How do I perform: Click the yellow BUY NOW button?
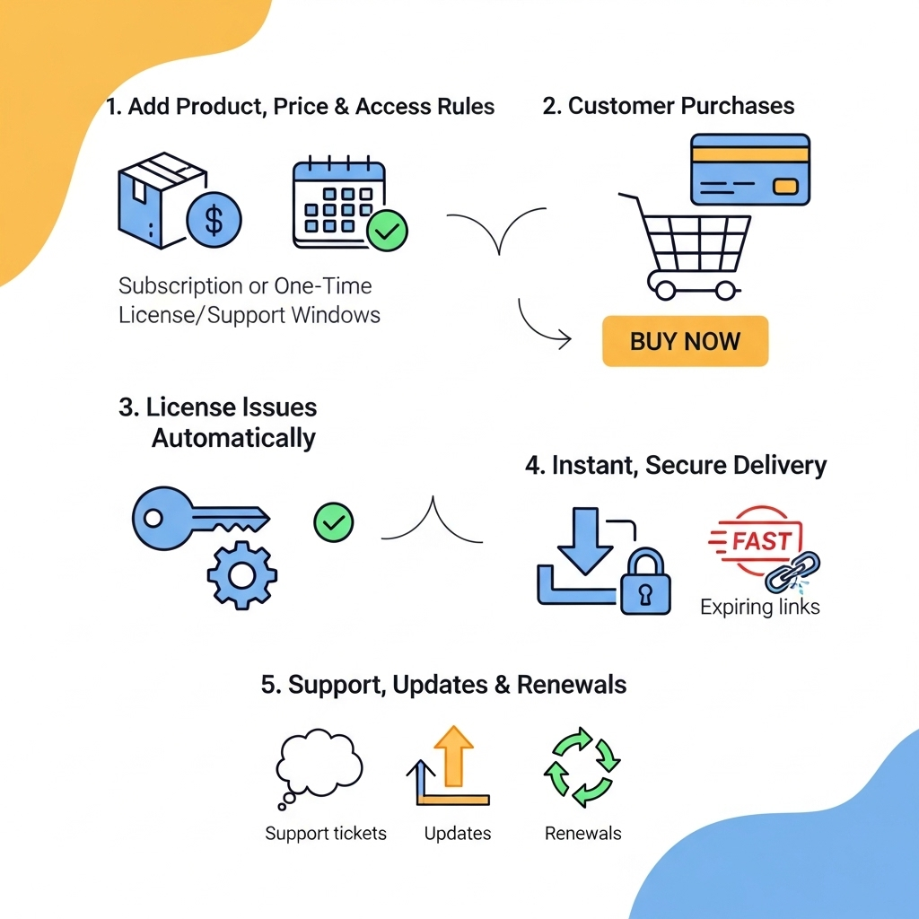[685, 341]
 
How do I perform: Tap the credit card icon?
[749, 170]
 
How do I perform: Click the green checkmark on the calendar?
[387, 231]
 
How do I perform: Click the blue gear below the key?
[242, 574]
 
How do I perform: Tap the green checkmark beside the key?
[333, 521]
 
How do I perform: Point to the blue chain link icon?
[793, 572]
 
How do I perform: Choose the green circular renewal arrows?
[582, 767]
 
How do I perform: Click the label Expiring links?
[759, 607]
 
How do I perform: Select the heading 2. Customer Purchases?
[669, 106]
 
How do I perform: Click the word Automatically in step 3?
[233, 438]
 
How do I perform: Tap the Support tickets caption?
[326, 833]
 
